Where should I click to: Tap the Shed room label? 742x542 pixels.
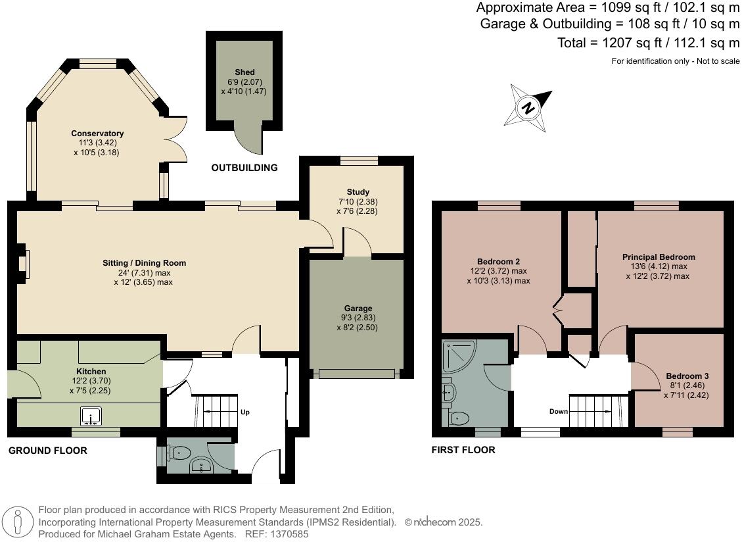244,72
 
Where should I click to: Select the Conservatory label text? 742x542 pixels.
97,134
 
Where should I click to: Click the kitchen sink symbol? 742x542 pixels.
90,416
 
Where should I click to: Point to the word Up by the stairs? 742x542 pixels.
244,412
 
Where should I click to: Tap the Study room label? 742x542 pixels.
358,192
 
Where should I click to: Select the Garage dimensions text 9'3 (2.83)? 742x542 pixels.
358,318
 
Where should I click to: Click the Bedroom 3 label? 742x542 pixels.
687,376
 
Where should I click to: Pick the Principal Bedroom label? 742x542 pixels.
659,257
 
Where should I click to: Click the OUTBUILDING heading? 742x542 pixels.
244,168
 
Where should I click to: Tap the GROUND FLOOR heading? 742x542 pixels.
47,451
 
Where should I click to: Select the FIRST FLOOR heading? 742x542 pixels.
463,450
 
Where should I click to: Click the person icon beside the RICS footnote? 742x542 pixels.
18,522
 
